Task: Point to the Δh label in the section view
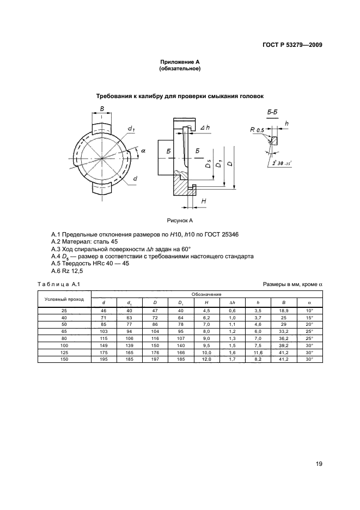click(205, 127)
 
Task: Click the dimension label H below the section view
click(204, 202)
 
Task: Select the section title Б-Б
click(273, 113)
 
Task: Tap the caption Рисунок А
click(180, 220)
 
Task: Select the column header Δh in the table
click(232, 303)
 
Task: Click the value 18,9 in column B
click(284, 311)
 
